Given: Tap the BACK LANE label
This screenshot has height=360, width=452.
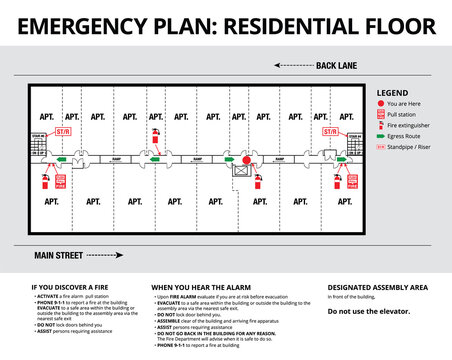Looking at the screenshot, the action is point(335,66).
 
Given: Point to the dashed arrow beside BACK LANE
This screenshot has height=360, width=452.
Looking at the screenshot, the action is point(285,66).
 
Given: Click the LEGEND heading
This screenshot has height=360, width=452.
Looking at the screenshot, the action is point(392,92).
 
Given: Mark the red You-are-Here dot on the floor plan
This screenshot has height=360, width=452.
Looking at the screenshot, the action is point(246,158).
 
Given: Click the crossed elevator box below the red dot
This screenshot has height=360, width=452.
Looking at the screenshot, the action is point(241,171).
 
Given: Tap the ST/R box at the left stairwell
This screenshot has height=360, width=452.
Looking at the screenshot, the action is point(62,131).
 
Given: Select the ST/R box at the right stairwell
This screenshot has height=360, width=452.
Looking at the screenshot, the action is point(329,131).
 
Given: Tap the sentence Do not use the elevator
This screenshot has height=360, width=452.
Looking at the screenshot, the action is point(371,312).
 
